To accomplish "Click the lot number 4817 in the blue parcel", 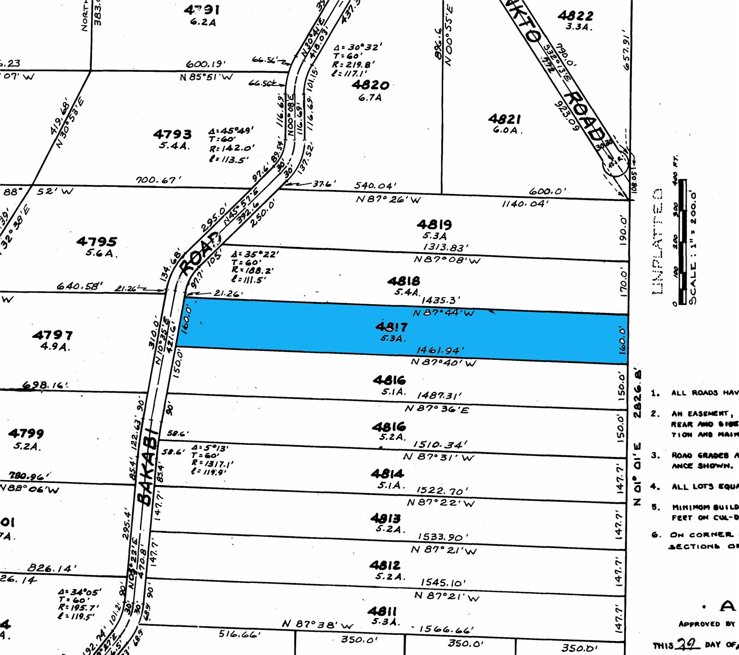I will pos(392,327).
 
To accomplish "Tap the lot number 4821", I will pos(505,119).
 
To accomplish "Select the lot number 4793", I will pos(172,134).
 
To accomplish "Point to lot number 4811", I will pos(382,611).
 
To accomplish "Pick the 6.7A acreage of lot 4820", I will pos(370,98).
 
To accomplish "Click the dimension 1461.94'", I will pos(440,350).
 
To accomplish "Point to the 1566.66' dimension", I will pos(446,629).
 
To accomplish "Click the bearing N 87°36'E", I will pos(437,409).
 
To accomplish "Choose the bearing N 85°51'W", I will pos(206,77).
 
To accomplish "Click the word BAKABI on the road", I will pos(147,467).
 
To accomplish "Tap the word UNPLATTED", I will pos(658,241).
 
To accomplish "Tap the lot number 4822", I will pos(575,16).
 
